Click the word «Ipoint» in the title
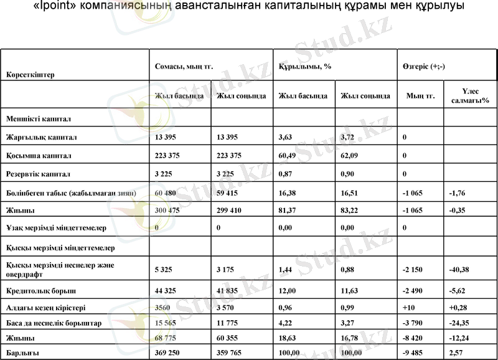click(x=47, y=7)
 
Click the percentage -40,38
click(x=459, y=270)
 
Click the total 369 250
click(x=169, y=352)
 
